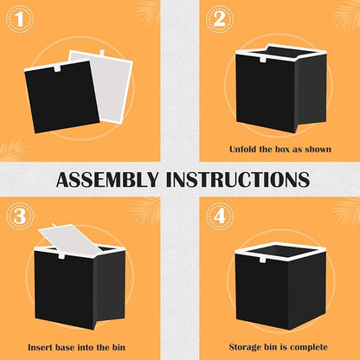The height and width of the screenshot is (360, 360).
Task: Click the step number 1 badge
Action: (20, 19)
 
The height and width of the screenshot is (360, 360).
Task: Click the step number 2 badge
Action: (220, 19)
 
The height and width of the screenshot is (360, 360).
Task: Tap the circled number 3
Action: (20, 216)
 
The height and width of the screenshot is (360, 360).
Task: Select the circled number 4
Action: (220, 216)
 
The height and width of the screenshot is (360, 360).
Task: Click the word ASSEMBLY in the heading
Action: (107, 180)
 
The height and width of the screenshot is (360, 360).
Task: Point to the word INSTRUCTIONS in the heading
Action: (238, 180)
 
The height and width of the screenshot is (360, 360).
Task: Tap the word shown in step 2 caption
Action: (318, 150)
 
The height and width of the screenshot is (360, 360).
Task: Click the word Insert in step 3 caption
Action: (40, 347)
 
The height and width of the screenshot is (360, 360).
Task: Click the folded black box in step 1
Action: (61, 96)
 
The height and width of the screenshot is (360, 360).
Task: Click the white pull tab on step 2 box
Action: (262, 60)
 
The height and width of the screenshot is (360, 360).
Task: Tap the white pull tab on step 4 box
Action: (262, 260)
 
